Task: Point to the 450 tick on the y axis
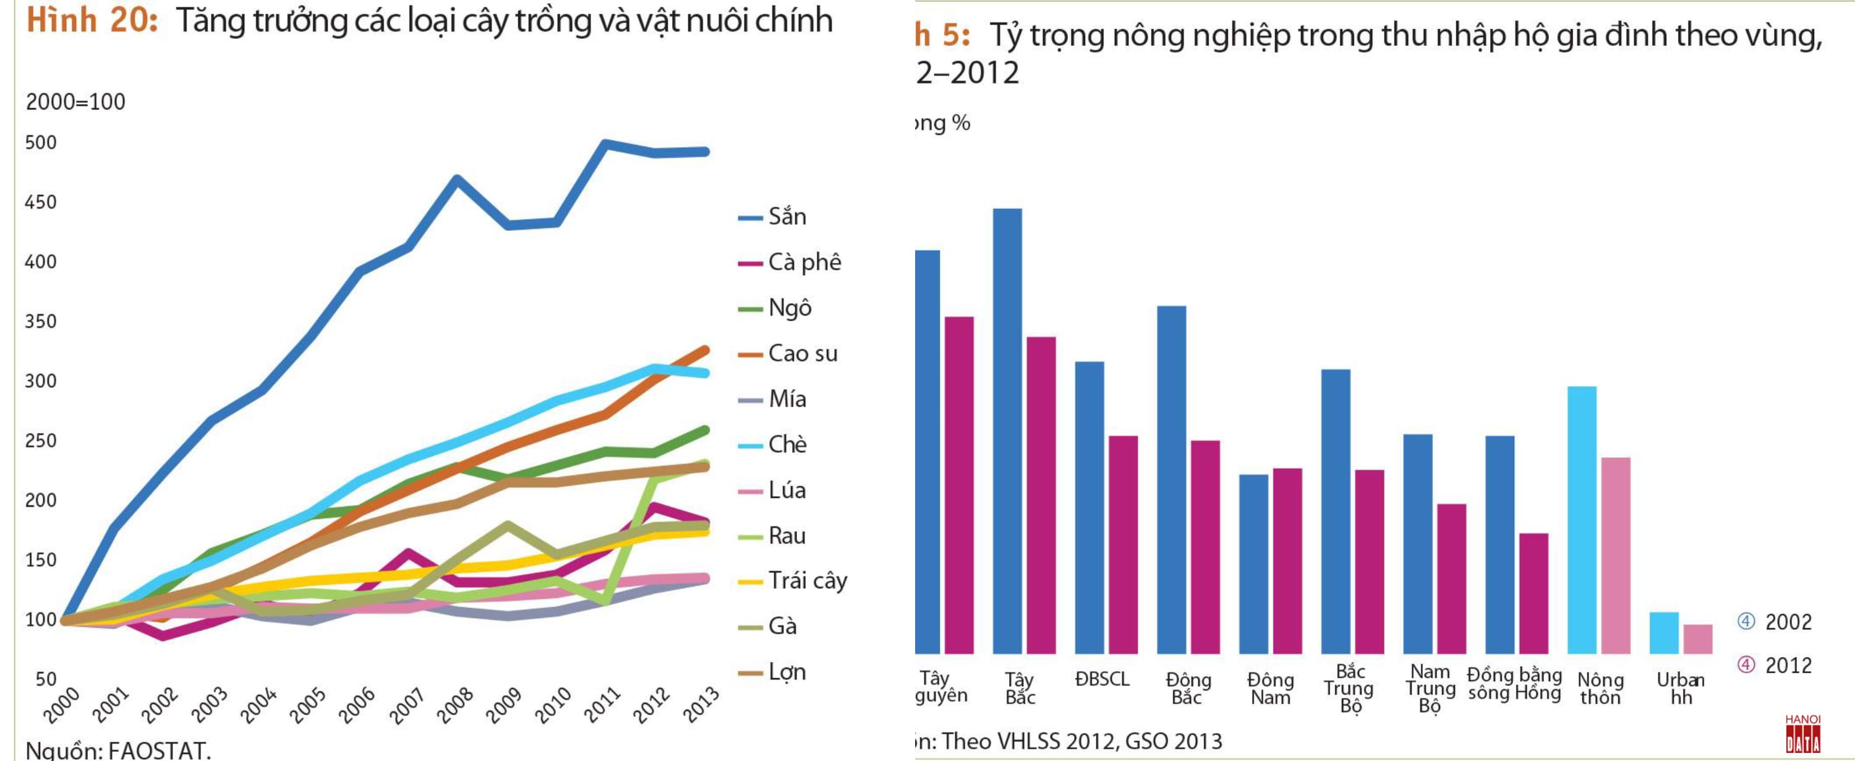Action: [x=40, y=202]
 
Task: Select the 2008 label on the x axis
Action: [x=455, y=704]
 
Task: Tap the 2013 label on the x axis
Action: [x=701, y=704]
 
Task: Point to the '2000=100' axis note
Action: [x=75, y=101]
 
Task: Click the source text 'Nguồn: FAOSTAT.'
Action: [x=118, y=750]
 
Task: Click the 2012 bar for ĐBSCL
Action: [x=1124, y=545]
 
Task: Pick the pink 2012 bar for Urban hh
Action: [x=1697, y=639]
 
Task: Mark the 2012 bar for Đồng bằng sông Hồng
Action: [x=1534, y=594]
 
